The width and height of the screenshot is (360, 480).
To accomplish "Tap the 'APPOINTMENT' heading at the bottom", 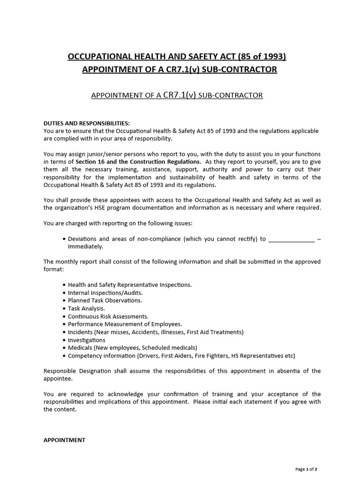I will [64, 440].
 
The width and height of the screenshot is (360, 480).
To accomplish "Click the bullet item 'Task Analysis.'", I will [86, 308].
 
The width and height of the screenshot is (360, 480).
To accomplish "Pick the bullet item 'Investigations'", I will [87, 340].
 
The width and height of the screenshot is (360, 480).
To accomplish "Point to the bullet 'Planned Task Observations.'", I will [105, 300].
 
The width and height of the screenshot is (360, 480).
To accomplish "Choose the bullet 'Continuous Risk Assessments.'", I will [108, 316].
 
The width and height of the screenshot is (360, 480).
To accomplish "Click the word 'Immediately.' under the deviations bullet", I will [86, 246].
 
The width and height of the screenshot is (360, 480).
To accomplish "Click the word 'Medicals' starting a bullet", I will [81, 348].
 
